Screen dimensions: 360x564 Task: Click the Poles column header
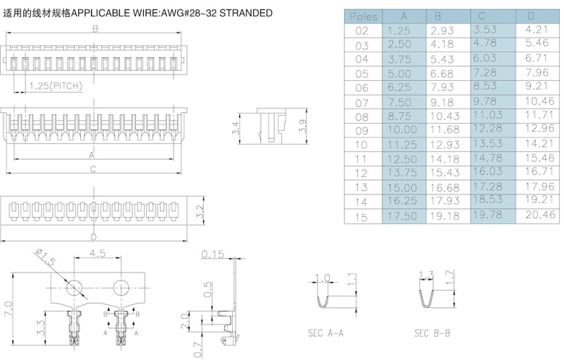[x=362, y=16]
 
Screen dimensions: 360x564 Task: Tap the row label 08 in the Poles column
[x=362, y=116]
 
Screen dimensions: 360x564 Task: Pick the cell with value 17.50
[x=403, y=215]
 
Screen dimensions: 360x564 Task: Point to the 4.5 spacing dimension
[x=99, y=254]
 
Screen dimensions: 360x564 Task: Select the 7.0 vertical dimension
[x=9, y=309]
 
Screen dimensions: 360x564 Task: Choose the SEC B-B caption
[x=432, y=334]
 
